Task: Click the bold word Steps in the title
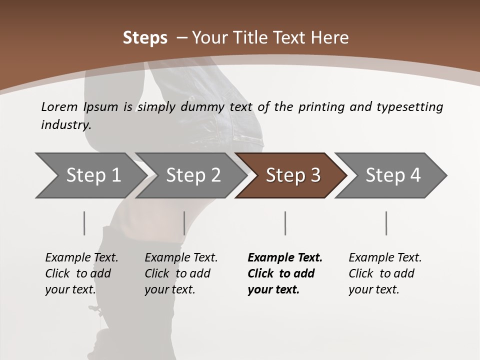coord(145,38)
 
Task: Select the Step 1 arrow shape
coord(90,175)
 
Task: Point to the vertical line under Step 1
coord(84,223)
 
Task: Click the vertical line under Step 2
coord(184,223)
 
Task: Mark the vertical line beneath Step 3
coord(285,223)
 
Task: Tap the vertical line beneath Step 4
coord(386,223)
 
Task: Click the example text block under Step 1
coord(81,273)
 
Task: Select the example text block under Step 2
coord(181,273)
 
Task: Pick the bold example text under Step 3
coord(285,273)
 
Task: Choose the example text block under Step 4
coord(385,273)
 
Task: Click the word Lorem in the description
coord(59,107)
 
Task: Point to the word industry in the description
coord(66,125)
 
